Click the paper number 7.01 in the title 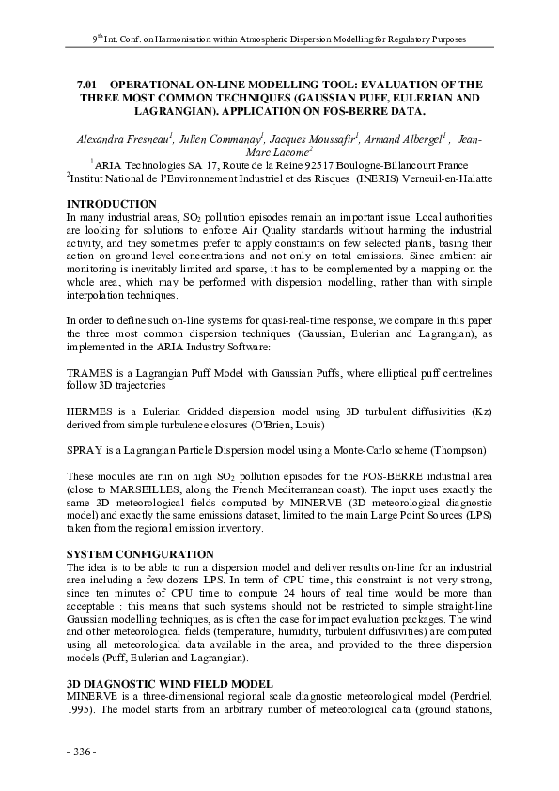click(x=87, y=84)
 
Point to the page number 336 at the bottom click(x=82, y=752)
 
